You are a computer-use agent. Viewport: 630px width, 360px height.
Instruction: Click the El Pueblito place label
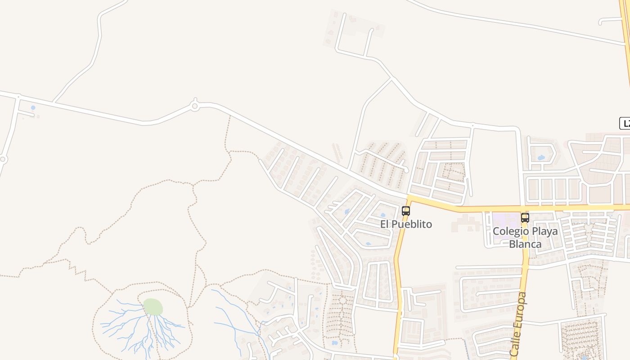406,224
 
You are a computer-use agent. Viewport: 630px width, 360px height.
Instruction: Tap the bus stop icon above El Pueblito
406,211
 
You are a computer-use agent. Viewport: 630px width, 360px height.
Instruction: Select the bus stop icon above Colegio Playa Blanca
525,218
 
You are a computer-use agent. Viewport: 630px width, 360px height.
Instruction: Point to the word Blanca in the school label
525,244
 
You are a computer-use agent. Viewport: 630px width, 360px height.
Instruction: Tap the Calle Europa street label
519,324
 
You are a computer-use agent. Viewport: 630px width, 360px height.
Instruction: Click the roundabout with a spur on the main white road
195,106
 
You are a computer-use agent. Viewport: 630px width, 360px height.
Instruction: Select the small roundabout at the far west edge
3,159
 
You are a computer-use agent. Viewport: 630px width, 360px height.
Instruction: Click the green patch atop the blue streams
153,307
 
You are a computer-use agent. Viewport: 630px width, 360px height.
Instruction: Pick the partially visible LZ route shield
625,123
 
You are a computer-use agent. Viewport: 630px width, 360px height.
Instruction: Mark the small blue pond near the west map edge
33,108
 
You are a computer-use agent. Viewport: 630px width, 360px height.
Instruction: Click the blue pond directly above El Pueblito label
383,216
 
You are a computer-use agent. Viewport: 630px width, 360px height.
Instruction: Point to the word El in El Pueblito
385,224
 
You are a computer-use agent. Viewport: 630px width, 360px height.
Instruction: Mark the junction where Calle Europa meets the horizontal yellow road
523,208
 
